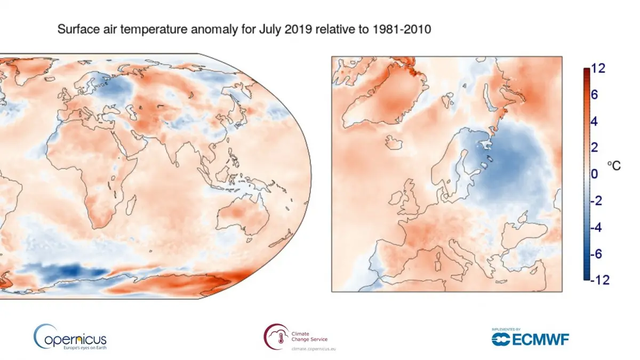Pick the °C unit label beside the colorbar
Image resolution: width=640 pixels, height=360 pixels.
pyautogui.click(x=614, y=166)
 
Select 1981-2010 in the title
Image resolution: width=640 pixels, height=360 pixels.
pyautogui.click(x=406, y=30)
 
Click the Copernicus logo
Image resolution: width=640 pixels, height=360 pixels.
pyautogui.click(x=70, y=337)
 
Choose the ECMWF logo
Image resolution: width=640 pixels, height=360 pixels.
pyautogui.click(x=530, y=339)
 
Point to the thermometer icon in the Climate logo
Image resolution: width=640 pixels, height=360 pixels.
pyautogui.click(x=274, y=337)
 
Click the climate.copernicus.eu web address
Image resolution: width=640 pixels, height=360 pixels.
pyautogui.click(x=314, y=348)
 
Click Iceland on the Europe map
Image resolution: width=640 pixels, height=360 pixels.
pyautogui.click(x=394, y=142)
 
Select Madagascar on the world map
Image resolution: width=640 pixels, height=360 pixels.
pyautogui.click(x=128, y=208)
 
